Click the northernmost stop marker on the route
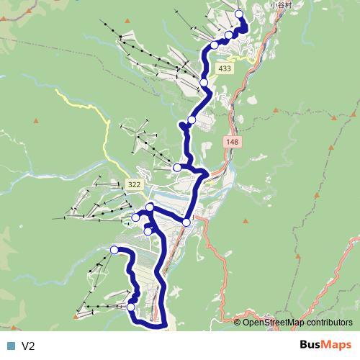click(239, 14)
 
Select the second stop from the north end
click(229, 35)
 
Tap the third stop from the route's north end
click(214, 45)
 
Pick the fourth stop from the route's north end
click(204, 84)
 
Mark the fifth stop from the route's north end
click(192, 120)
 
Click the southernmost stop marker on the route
click(130, 307)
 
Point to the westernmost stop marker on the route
click(114, 249)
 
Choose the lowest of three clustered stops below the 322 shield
click(148, 231)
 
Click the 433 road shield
click(225, 68)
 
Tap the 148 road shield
click(232, 143)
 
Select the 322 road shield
click(133, 185)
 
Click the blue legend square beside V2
click(10, 346)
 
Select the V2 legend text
click(29, 346)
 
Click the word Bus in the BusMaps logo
click(311, 346)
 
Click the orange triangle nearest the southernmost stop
click(76, 316)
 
